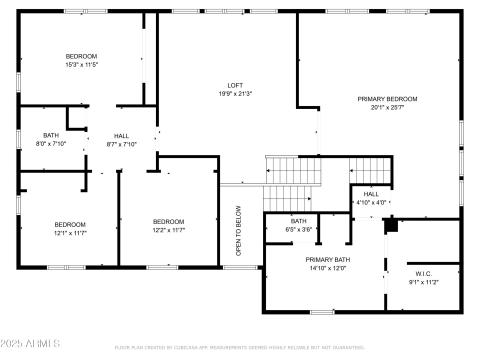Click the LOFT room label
[x=236, y=85]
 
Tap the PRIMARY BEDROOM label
[x=387, y=99]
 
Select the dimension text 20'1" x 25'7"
[x=387, y=107]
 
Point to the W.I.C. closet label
[x=425, y=274]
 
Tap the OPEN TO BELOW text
[x=238, y=231]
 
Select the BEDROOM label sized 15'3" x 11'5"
[x=81, y=55]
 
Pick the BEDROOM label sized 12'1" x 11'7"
[x=70, y=223]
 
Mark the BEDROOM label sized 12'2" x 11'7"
[x=168, y=221]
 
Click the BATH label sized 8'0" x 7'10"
[x=51, y=135]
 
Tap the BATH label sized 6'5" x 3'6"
[x=299, y=221]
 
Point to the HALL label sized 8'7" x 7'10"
[x=121, y=136]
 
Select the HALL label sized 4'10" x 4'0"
[x=371, y=194]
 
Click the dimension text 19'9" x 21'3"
[x=236, y=93]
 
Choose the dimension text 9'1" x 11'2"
[x=425, y=282]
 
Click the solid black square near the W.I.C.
[x=391, y=225]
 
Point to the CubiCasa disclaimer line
[x=240, y=347]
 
